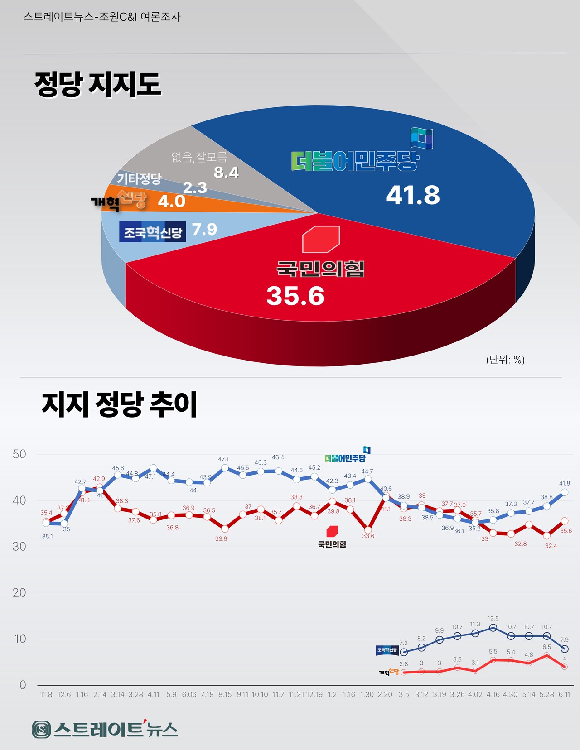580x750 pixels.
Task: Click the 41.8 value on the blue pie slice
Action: (x=413, y=196)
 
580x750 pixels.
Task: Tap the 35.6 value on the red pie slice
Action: (x=295, y=296)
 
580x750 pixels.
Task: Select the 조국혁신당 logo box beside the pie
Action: (x=153, y=232)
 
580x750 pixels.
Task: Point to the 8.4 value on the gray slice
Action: (x=226, y=173)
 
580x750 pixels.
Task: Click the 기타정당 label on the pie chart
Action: (x=139, y=178)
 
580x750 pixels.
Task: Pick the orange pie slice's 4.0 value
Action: (x=172, y=202)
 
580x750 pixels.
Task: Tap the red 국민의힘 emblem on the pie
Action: (x=321, y=239)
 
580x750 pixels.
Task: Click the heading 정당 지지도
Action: (x=98, y=84)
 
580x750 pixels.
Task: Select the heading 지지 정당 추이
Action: (x=120, y=404)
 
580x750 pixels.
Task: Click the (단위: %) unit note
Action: (x=505, y=360)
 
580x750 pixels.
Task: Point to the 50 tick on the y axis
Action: (x=19, y=454)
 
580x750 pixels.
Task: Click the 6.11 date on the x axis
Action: (x=564, y=694)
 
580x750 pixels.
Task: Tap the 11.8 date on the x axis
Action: (x=46, y=694)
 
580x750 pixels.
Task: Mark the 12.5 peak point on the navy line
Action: (x=493, y=628)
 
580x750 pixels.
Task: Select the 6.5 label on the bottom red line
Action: (x=546, y=647)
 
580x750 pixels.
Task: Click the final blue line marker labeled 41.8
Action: (x=565, y=492)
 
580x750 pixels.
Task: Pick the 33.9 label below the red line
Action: (x=221, y=538)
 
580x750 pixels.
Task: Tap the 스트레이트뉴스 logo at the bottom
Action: (x=105, y=729)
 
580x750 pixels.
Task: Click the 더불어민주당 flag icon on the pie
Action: (x=421, y=138)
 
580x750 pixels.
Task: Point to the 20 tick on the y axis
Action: (x=19, y=592)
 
